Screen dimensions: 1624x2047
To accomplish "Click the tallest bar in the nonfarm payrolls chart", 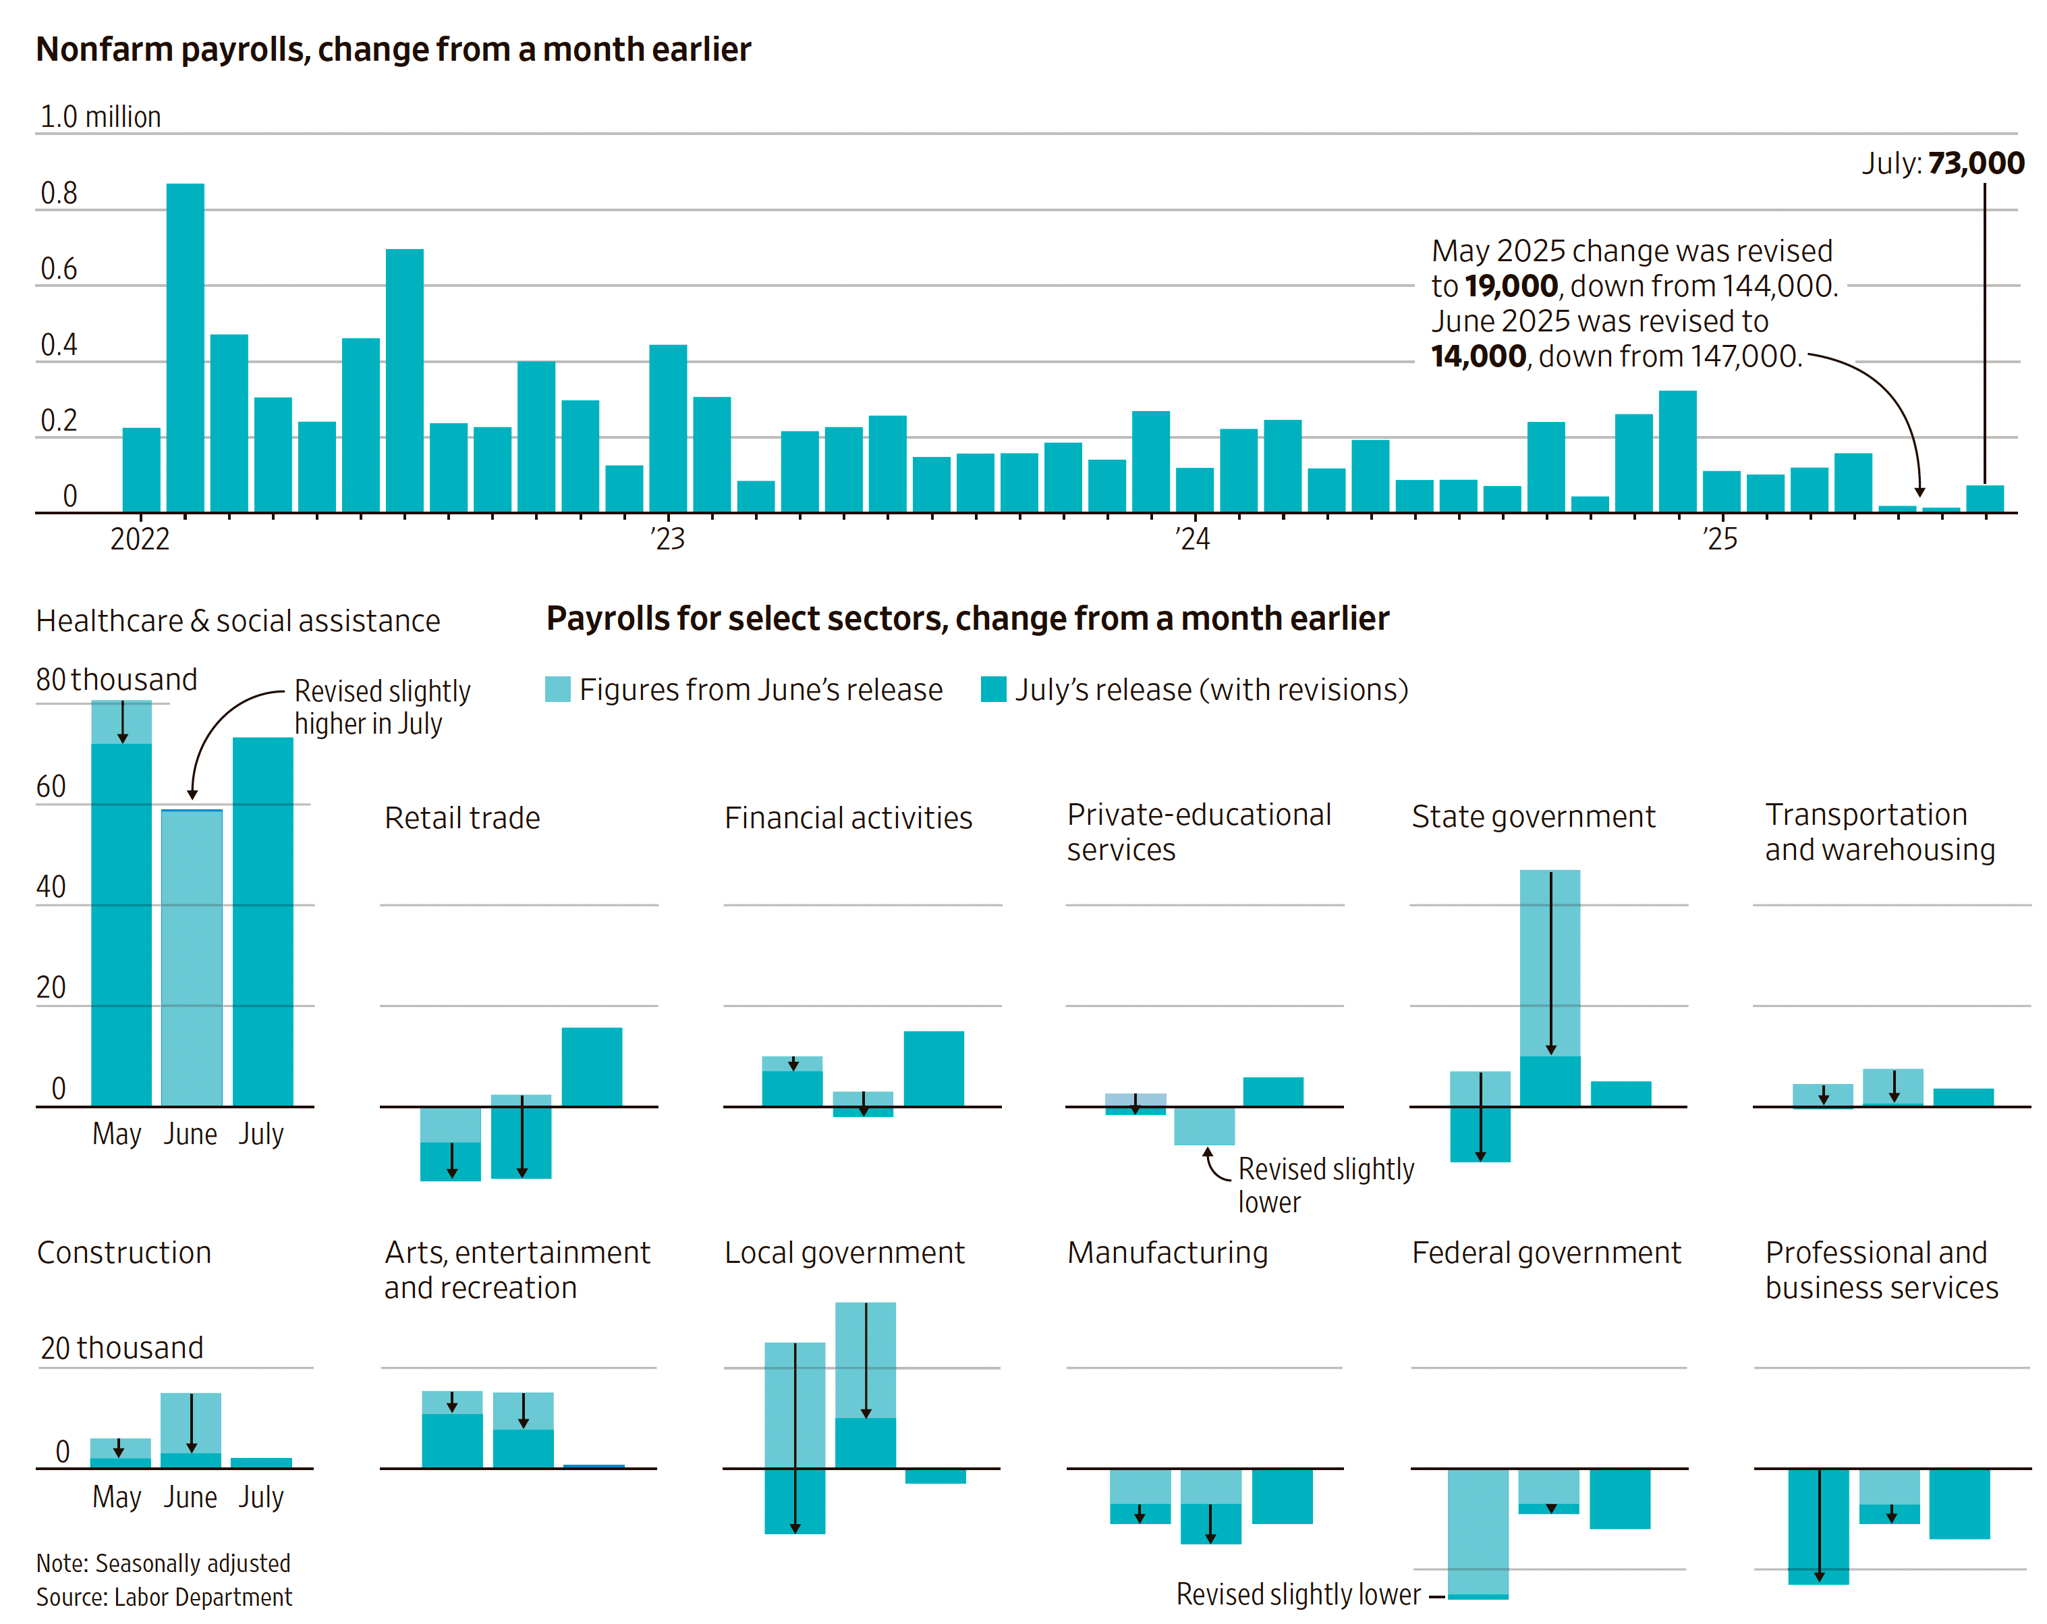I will [x=185, y=347].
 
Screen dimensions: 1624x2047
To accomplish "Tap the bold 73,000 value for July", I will [x=1975, y=163].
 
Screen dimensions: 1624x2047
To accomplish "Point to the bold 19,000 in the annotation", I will [x=1510, y=286].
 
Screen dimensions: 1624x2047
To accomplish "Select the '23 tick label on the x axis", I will [x=667, y=539].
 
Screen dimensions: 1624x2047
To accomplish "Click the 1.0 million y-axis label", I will [x=100, y=117].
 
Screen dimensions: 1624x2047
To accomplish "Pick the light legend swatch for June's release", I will [x=557, y=689].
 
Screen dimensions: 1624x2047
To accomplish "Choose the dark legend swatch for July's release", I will [x=993, y=689].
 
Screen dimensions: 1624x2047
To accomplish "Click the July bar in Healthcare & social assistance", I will [x=263, y=921].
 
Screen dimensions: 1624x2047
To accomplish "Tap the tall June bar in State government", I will [x=1550, y=987].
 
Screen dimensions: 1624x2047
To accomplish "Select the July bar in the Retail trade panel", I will [x=592, y=1066].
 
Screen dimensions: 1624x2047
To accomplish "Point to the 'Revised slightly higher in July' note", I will [x=382, y=707].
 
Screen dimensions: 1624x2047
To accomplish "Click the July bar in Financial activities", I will [x=933, y=1068].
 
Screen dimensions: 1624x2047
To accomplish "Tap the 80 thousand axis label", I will [x=116, y=680].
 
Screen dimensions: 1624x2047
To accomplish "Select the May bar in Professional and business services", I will [x=1818, y=1525].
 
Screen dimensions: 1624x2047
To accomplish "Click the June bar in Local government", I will [x=865, y=1384].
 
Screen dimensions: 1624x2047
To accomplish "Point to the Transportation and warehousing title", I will [x=1879, y=832].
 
